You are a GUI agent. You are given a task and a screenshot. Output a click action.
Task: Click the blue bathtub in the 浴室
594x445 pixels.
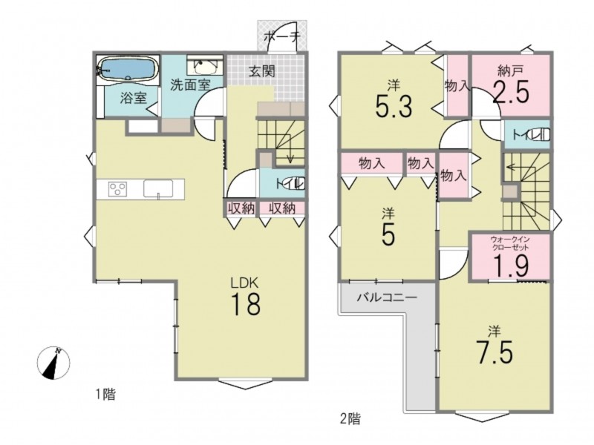click(x=128, y=68)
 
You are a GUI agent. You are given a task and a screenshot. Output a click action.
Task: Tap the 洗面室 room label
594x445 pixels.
click(x=190, y=85)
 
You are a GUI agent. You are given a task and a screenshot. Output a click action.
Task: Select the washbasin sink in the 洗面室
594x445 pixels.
click(x=205, y=67)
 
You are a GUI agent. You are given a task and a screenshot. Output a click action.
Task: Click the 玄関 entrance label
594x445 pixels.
click(x=262, y=70)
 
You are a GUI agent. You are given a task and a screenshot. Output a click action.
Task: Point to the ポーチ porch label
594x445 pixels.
click(x=282, y=36)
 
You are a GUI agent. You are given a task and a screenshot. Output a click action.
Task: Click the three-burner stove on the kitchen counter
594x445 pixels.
click(x=118, y=188)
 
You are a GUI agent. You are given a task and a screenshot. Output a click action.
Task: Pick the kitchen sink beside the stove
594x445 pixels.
click(x=158, y=188)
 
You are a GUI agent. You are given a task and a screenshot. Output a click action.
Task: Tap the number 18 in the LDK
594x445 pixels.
click(x=246, y=305)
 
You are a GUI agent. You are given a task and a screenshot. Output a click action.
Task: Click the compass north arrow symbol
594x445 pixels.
click(x=53, y=363)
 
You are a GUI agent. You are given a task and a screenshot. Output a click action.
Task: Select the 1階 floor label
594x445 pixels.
click(x=105, y=395)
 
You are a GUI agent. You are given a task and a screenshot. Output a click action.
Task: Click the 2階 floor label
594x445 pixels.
click(x=350, y=418)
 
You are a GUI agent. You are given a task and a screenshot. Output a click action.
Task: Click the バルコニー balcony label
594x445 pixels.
click(x=387, y=297)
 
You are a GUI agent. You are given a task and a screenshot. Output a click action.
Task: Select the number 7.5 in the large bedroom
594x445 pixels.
click(x=495, y=352)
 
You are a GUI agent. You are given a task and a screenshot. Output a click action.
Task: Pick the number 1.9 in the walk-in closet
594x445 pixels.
click(x=510, y=265)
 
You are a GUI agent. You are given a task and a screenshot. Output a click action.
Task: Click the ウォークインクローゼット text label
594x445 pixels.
click(x=509, y=243)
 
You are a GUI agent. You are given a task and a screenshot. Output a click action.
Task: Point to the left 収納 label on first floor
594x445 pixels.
click(x=241, y=208)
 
